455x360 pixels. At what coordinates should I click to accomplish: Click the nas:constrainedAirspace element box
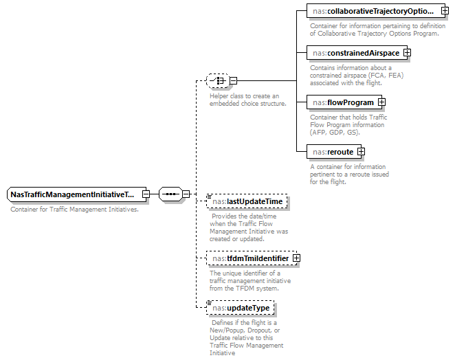coord(354,52)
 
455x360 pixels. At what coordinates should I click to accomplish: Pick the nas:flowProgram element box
coord(342,102)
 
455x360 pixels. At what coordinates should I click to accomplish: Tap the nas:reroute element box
coord(331,152)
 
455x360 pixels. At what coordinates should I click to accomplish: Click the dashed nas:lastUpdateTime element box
coord(247,201)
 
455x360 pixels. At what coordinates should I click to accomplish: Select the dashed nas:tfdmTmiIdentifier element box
coord(249,258)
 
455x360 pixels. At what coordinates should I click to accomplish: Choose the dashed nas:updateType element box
coord(241,308)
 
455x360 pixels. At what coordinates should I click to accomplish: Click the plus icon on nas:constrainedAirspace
coord(407,52)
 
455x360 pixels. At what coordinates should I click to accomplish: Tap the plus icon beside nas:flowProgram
coord(381,102)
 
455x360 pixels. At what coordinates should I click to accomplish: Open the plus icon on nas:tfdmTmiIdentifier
coord(296,258)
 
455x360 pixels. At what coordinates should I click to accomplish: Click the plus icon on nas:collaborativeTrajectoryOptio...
coord(445,12)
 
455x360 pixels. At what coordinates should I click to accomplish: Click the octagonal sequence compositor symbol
coord(170,194)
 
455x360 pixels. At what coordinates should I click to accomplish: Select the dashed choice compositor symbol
coord(217,80)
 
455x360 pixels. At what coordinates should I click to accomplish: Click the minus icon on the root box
coord(146,194)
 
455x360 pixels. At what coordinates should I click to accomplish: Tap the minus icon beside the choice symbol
coord(233,80)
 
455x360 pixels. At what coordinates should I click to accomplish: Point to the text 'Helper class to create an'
coord(244,96)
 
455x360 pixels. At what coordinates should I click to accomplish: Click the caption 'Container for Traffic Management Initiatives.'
coord(74,209)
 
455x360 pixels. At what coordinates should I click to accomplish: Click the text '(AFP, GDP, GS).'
coord(335,132)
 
